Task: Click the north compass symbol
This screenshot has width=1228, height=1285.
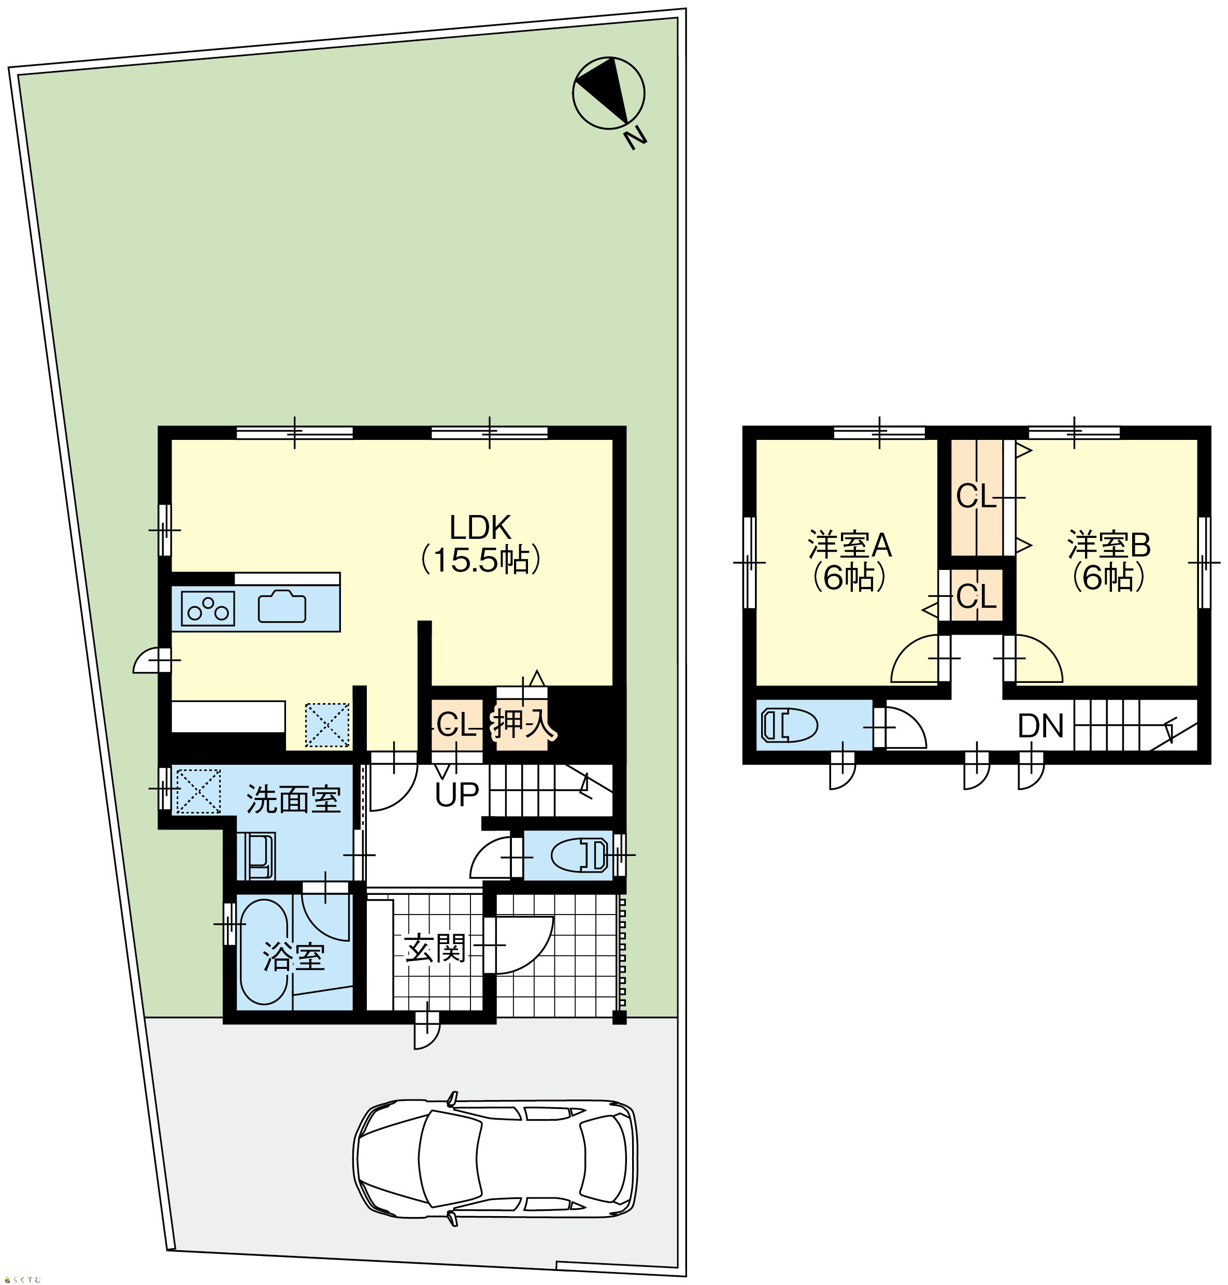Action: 608,92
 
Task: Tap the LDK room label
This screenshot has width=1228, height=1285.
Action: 480,526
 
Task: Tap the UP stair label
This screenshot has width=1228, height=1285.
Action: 458,795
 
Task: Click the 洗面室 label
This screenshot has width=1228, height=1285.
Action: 294,799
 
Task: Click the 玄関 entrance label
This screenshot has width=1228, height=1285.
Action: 435,948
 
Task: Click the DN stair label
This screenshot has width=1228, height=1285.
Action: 1041,725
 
